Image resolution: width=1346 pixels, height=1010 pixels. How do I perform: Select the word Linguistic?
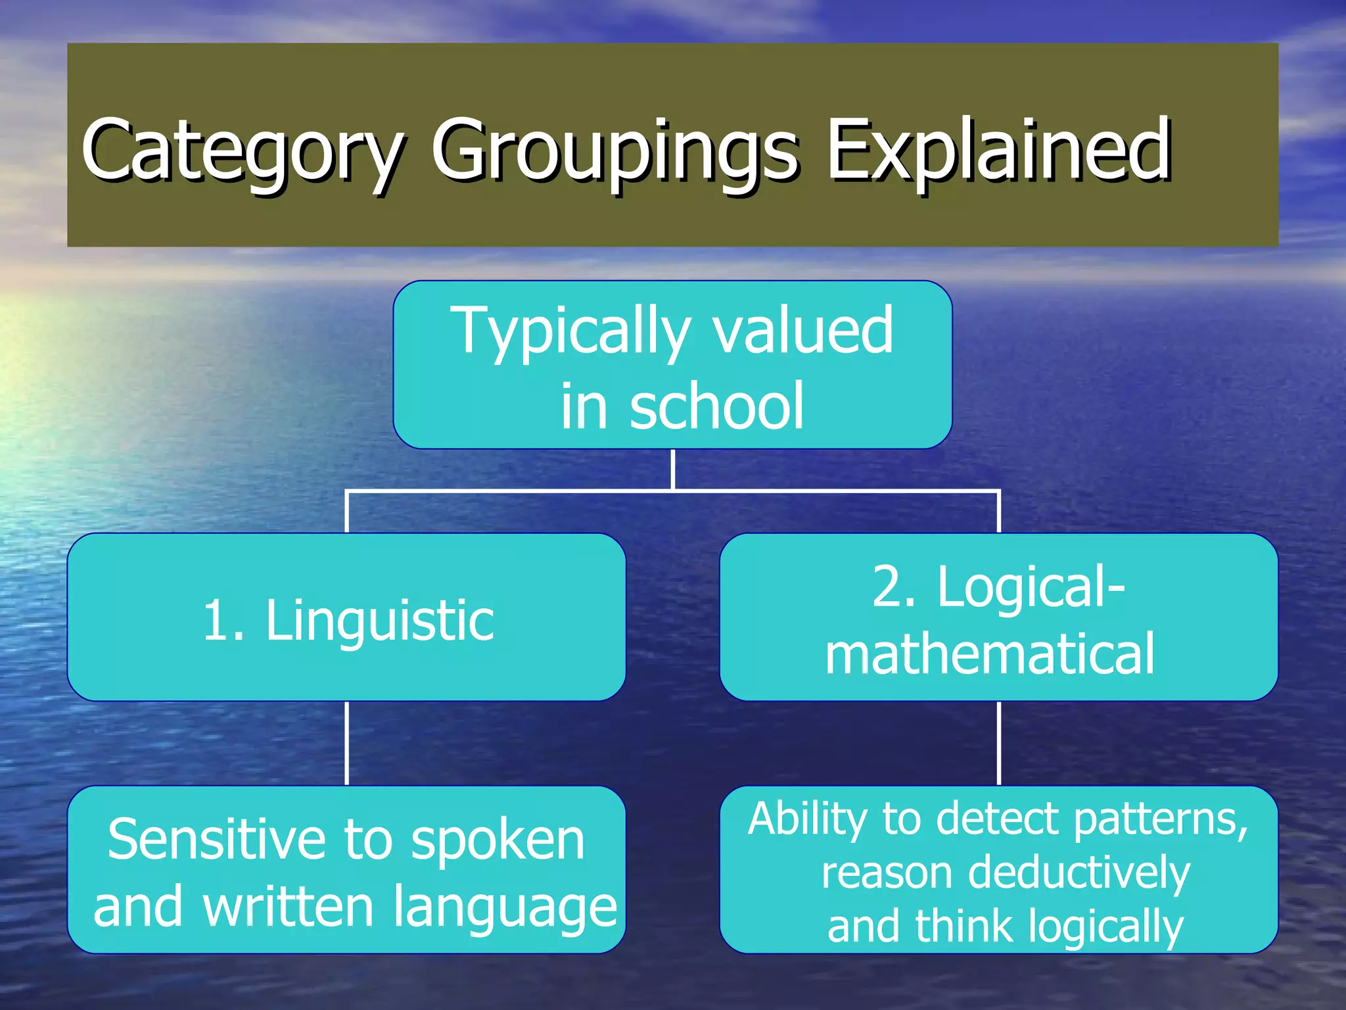point(380,621)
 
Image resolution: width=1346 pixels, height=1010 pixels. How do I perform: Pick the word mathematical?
point(990,654)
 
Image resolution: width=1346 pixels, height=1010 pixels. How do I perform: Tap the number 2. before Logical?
point(894,587)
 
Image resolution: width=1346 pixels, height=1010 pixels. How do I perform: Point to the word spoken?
point(498,842)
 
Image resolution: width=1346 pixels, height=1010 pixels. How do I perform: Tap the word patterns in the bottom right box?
point(1160,820)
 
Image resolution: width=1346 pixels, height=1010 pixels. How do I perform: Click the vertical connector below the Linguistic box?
point(346,743)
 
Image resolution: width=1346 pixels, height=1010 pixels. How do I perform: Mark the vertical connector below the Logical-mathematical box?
point(998,743)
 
